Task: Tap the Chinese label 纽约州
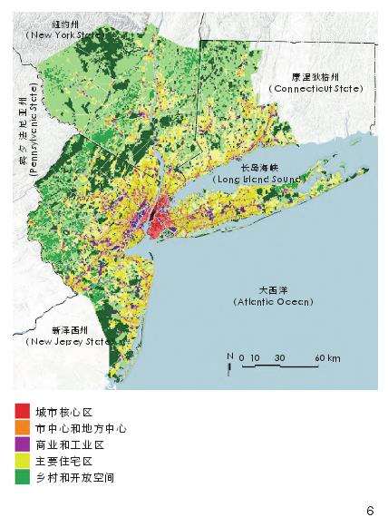pyautogui.click(x=56, y=24)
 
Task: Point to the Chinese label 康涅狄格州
pyautogui.click(x=314, y=77)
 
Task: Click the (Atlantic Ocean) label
pyautogui.click(x=273, y=301)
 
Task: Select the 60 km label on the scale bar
pyautogui.click(x=327, y=359)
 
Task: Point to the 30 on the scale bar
pyautogui.click(x=279, y=359)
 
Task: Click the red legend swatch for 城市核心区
pyautogui.click(x=21, y=411)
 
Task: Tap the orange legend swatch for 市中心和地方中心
pyautogui.click(x=21, y=427)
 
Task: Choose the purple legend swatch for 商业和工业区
pyautogui.click(x=21, y=444)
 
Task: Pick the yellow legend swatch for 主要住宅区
pyautogui.click(x=21, y=460)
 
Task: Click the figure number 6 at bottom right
pyautogui.click(x=370, y=508)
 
